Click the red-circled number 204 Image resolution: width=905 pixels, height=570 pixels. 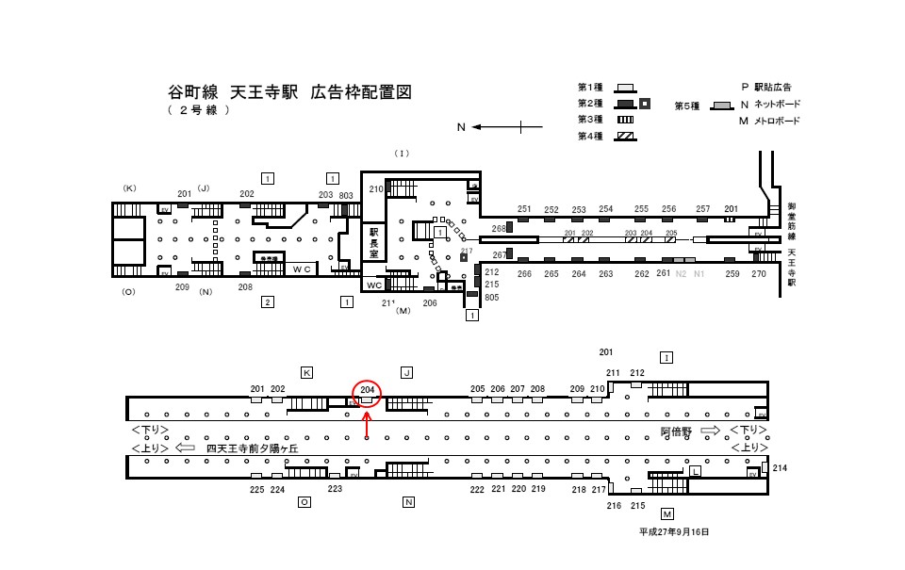coord(367,390)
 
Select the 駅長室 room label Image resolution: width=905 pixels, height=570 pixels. coord(373,241)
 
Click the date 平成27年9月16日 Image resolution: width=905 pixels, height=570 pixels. coord(673,531)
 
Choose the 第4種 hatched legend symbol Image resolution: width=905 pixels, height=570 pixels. coord(624,137)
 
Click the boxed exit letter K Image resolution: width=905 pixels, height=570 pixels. coord(306,373)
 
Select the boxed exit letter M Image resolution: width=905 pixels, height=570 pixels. coord(667,514)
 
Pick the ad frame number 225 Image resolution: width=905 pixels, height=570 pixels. coord(256,490)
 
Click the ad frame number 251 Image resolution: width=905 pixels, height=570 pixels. coord(525,209)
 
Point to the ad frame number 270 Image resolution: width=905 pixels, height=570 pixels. coord(759,274)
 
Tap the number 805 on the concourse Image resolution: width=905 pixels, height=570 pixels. coord(491,298)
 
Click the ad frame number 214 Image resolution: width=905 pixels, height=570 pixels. coord(779,468)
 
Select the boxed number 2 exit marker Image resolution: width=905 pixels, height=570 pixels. coord(268,301)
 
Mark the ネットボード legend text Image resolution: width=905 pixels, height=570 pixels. coord(776,104)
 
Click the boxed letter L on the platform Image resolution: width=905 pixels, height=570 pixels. coord(696,470)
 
